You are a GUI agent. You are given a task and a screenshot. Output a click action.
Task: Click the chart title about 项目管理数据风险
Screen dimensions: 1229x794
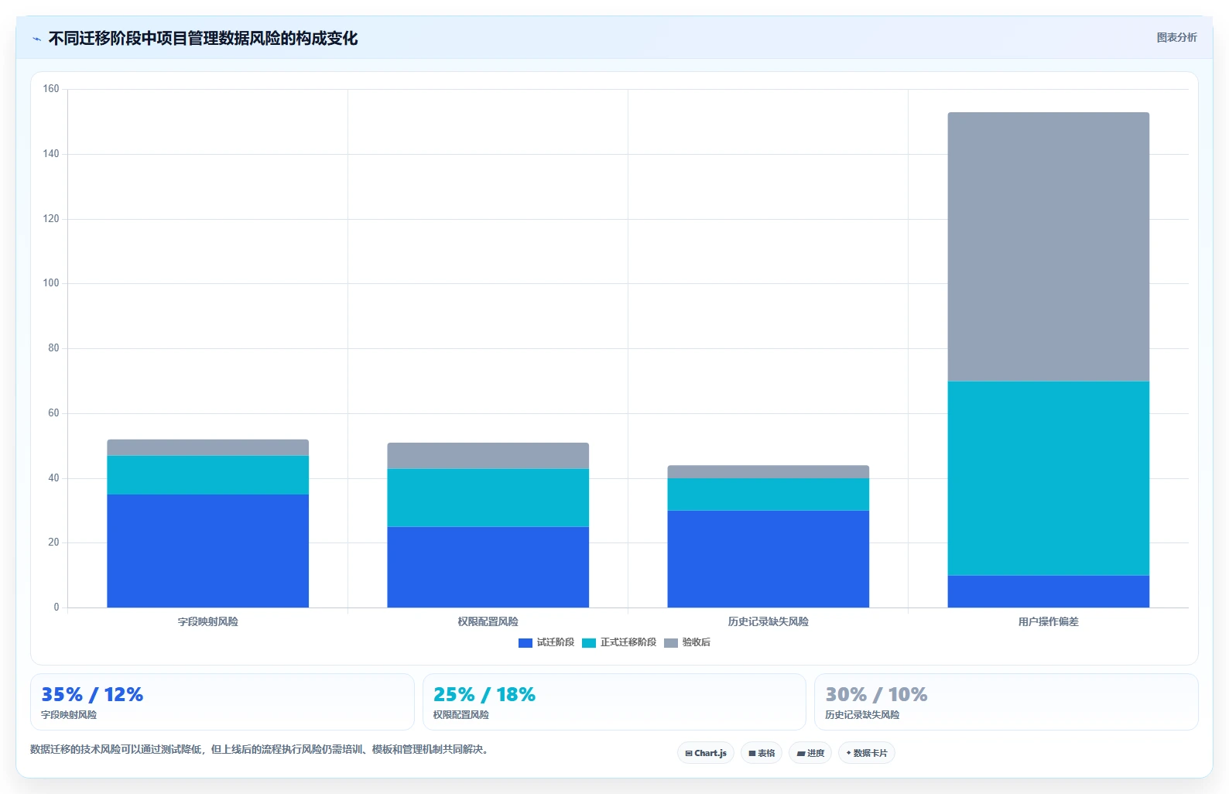[203, 39]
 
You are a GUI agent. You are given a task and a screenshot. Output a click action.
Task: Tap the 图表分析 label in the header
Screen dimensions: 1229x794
[1176, 37]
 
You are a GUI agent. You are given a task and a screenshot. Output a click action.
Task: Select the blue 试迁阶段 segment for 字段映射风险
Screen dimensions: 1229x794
[208, 551]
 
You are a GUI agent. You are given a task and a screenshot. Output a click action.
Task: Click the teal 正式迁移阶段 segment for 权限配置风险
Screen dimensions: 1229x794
[488, 498]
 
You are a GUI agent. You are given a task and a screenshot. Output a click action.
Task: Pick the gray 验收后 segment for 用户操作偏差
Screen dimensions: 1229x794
[1048, 247]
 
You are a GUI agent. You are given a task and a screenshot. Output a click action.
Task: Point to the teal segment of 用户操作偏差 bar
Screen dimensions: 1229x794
[1048, 478]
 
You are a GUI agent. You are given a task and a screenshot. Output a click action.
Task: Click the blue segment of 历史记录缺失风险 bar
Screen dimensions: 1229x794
[768, 560]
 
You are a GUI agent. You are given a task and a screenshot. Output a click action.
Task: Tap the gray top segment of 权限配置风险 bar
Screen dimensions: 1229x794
[488, 456]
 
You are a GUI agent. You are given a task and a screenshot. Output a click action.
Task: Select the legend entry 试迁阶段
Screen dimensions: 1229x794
[546, 642]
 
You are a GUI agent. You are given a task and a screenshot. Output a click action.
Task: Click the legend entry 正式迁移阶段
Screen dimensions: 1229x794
[619, 642]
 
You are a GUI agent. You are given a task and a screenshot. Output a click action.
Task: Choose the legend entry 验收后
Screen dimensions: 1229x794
[687, 642]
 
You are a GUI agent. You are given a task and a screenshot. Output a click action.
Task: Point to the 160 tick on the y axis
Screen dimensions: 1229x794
[51, 89]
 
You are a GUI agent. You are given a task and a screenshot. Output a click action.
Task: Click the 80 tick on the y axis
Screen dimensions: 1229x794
[53, 348]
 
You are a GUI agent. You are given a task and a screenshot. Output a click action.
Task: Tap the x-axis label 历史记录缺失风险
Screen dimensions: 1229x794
[768, 621]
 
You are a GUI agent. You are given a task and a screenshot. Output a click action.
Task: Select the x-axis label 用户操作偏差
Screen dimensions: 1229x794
[1048, 621]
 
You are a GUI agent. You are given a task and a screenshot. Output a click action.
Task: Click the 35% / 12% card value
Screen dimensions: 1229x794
[92, 695]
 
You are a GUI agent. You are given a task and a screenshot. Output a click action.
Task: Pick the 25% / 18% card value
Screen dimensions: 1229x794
[484, 695]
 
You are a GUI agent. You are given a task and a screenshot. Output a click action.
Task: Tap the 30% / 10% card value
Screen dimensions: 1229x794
[876, 695]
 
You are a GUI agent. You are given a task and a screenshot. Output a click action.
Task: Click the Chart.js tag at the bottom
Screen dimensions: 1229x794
[706, 753]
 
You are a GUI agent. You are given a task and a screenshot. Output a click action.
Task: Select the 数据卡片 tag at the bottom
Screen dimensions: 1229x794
[866, 753]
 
